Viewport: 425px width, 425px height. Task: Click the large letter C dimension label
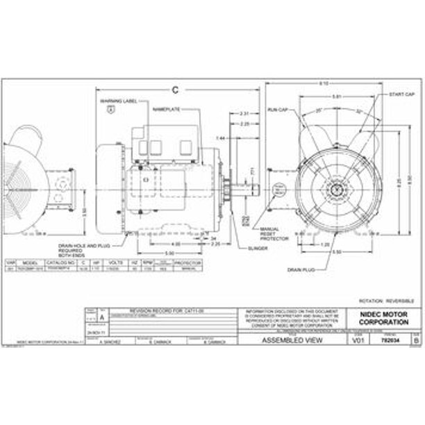(175, 89)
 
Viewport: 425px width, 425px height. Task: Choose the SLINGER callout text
(238, 248)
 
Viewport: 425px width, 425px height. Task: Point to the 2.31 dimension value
(244, 112)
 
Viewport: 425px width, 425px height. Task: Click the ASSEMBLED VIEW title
(291, 341)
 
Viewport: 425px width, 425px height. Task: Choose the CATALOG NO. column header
(66, 263)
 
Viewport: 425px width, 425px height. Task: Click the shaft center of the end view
(337, 188)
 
